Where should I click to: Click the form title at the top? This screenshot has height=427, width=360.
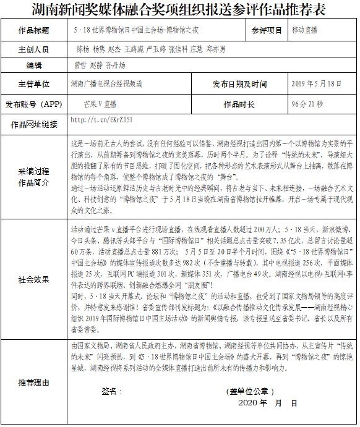pyautogui.click(x=179, y=10)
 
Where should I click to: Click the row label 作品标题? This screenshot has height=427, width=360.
pyautogui.click(x=34, y=30)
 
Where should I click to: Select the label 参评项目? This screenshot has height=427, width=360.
pyautogui.click(x=267, y=30)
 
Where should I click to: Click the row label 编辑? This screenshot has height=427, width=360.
pyautogui.click(x=34, y=65)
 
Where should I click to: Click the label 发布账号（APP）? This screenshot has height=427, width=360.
pyautogui.click(x=34, y=104)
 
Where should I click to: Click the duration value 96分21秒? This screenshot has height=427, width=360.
pyautogui.click(x=307, y=104)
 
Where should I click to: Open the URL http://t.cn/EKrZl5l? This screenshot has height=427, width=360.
pyautogui.click(x=102, y=118)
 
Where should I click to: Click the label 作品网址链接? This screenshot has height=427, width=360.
pyautogui.click(x=34, y=125)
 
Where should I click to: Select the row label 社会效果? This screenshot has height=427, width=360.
pyautogui.click(x=34, y=279)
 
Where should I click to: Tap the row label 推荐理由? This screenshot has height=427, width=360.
pyautogui.click(x=34, y=382)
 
